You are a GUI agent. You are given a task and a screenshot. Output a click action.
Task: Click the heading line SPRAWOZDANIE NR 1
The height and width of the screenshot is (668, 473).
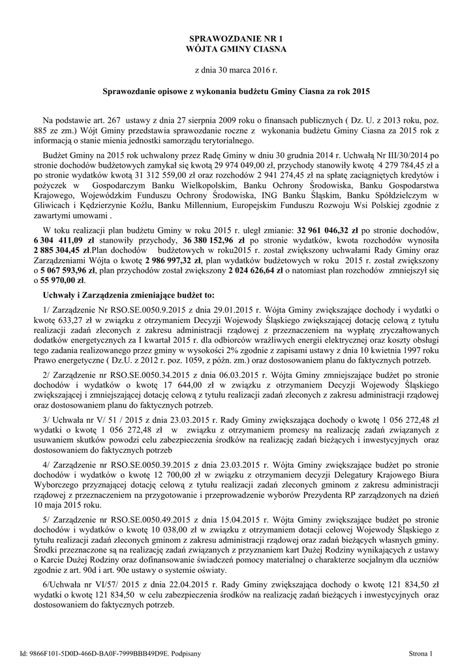click(x=236, y=39)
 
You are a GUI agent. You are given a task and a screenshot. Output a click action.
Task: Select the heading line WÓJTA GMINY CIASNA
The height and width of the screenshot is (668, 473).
click(x=236, y=49)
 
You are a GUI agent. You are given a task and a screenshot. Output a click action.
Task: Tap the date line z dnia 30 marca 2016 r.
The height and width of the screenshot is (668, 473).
click(x=236, y=68)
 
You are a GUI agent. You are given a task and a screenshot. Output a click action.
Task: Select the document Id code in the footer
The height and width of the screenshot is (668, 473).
click(x=110, y=653)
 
